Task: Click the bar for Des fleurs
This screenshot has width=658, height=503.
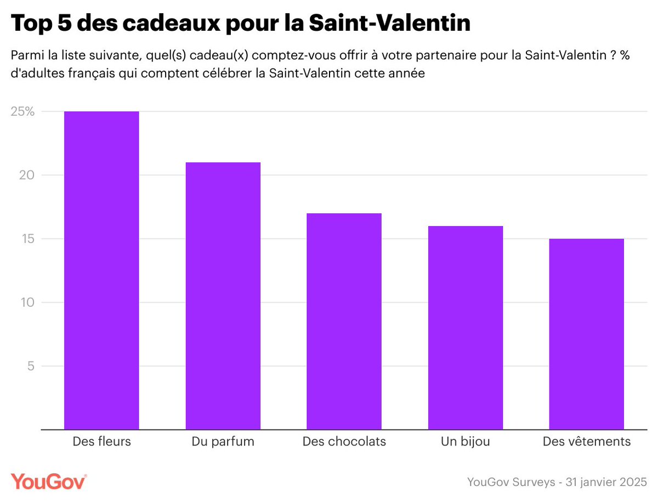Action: tap(101, 270)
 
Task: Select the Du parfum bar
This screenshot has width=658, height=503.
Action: tap(223, 296)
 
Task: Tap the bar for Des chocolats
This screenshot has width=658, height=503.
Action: tap(344, 321)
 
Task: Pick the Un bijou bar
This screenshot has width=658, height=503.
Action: tap(465, 327)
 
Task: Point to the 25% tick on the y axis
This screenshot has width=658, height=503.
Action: tap(22, 112)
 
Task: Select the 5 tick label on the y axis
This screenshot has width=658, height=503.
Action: tap(31, 366)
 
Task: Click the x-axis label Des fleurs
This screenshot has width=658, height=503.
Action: tap(101, 442)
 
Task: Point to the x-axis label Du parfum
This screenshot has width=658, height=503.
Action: tap(223, 442)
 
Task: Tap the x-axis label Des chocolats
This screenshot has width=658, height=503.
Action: tap(344, 442)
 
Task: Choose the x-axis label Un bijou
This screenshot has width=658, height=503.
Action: tap(465, 442)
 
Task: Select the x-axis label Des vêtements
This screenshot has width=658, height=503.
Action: tap(586, 442)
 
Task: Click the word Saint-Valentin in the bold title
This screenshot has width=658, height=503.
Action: tap(389, 24)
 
